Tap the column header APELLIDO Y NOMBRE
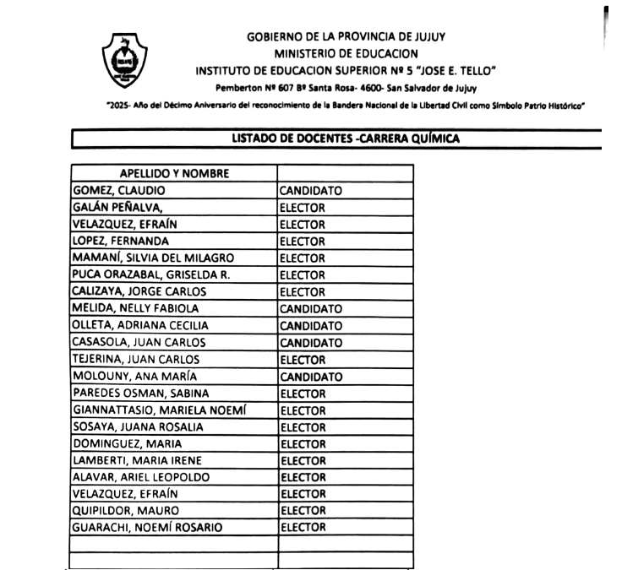(x=174, y=174)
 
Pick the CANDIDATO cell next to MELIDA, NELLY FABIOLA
(x=311, y=309)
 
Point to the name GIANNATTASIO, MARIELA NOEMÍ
(x=160, y=410)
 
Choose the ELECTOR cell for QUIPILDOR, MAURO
(x=303, y=511)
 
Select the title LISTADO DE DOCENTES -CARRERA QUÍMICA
(x=346, y=139)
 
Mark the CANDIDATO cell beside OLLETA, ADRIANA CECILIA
(x=311, y=326)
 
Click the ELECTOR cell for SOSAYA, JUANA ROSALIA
(x=303, y=427)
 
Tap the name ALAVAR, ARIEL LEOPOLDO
(x=141, y=478)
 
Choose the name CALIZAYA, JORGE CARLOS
(x=139, y=292)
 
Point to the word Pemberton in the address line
(x=240, y=87)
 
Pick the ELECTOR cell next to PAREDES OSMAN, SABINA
(x=303, y=394)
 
